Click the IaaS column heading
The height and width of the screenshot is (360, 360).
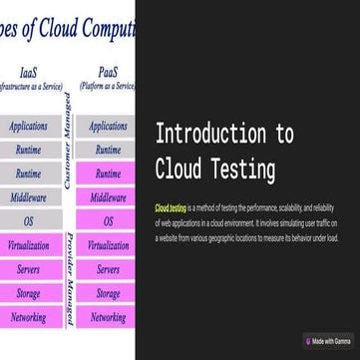(29, 72)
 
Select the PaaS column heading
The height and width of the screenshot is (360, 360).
(108, 72)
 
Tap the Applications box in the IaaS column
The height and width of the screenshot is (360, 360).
(28, 127)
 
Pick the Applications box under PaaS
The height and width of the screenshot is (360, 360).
(108, 127)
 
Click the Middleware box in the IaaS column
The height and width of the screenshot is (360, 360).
(28, 197)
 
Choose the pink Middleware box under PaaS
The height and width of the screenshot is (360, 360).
(108, 197)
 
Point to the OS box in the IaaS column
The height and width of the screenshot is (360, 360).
(28, 220)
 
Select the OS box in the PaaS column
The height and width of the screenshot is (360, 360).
(108, 220)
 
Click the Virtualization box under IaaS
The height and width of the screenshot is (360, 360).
(28, 244)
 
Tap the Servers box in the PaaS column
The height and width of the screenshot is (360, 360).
(108, 269)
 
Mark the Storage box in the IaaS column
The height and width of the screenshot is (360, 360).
(28, 293)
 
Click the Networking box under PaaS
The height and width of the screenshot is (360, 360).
(108, 317)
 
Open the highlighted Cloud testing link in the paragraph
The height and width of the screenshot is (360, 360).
(172, 206)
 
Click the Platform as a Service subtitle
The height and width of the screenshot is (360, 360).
(108, 86)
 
